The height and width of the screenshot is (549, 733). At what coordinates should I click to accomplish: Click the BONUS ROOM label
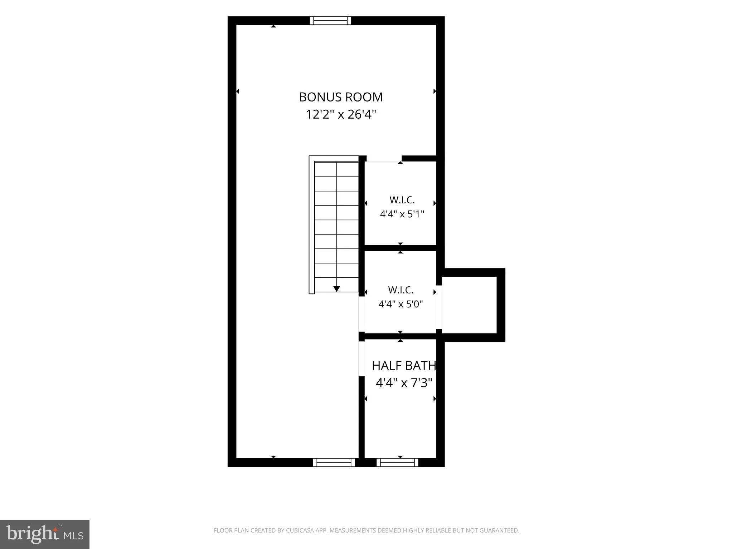pos(341,97)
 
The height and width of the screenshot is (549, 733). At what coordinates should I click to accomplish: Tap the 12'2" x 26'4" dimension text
pos(341,115)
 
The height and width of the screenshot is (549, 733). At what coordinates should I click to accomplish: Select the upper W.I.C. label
pos(402,200)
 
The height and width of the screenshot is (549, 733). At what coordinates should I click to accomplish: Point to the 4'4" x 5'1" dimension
pos(402,214)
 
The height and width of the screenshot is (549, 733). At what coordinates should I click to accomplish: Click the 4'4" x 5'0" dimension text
pos(401,304)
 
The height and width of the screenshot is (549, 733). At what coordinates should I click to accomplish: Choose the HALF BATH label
pos(404,366)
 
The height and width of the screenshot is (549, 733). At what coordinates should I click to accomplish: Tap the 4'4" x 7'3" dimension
pos(404,383)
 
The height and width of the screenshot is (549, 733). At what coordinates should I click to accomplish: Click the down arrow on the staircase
pos(336,289)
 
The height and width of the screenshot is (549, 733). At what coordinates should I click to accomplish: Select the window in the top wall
pos(330,20)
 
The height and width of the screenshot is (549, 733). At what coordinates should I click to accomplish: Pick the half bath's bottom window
pos(397,463)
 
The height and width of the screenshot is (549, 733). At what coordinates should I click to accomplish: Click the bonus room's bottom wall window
pos(334,463)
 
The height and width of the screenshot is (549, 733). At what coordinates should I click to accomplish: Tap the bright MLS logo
pos(45,534)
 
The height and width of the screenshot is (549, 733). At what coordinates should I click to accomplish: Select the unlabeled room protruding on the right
pos(469,305)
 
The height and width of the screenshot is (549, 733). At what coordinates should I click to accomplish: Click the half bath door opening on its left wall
pos(361,358)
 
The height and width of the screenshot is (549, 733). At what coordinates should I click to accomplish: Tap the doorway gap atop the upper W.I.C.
pos(384,159)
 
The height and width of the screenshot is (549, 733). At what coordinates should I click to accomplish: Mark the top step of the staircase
pos(336,169)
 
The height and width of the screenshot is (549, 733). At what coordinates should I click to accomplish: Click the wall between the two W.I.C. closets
pos(400,248)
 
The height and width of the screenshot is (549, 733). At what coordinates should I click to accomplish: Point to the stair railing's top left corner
pos(309,156)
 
